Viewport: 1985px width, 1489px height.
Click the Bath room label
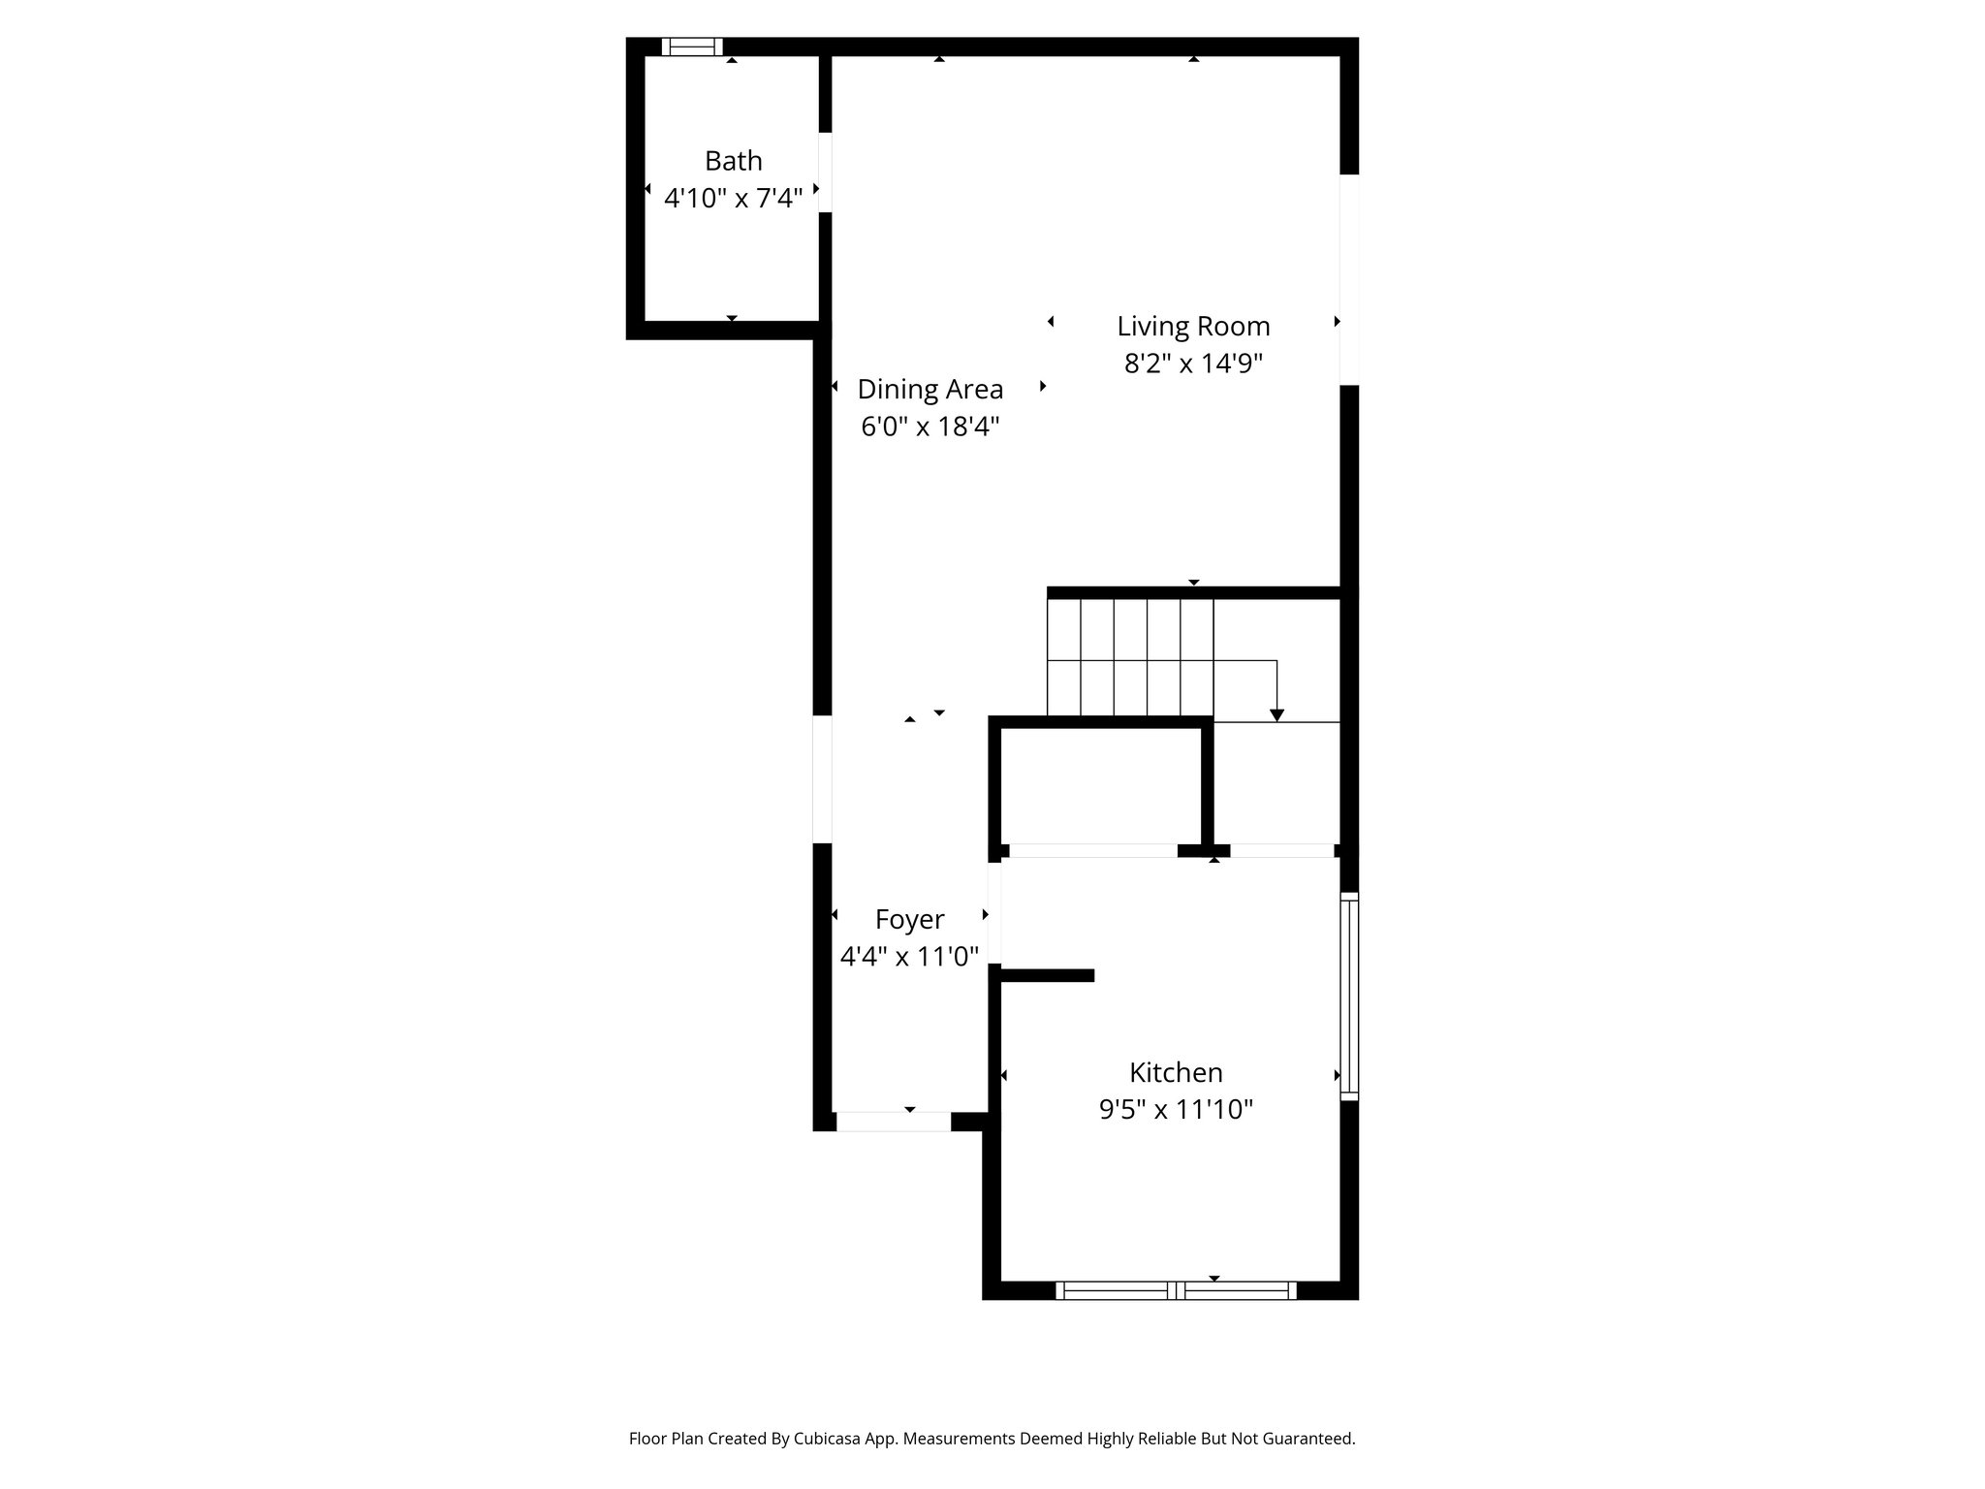coord(733,161)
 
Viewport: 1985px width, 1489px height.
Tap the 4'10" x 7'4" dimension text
coord(733,199)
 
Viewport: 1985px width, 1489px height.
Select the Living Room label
coord(1193,327)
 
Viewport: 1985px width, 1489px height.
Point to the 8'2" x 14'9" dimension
coord(1193,364)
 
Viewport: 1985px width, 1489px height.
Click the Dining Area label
coord(929,390)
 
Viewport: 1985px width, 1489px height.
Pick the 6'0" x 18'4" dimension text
coord(929,427)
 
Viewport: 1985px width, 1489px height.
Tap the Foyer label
coord(909,919)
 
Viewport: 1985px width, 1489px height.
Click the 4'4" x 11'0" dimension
coord(909,957)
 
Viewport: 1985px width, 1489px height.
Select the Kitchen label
coord(1176,1072)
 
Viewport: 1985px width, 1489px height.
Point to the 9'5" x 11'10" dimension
coord(1176,1109)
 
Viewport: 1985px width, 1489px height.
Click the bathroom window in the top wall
coord(692,47)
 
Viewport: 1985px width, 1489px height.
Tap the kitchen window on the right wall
coord(1349,996)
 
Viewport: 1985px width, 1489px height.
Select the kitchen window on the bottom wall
coord(1176,1290)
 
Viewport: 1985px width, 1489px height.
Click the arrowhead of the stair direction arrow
coord(1276,715)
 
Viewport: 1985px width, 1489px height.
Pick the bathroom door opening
coord(825,173)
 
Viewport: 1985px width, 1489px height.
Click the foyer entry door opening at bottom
coord(893,1122)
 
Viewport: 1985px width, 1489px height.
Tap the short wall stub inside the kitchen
coord(1048,975)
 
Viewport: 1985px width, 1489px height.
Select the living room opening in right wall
coord(1349,279)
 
